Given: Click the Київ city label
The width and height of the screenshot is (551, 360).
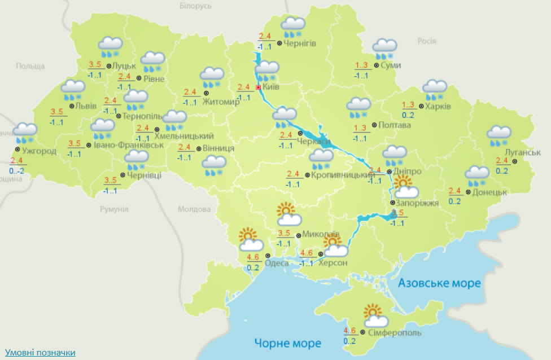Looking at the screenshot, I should click(271, 87).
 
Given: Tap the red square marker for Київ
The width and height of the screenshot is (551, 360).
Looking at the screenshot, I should click(259, 87).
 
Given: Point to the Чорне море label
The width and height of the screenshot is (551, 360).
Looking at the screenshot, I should click(287, 343).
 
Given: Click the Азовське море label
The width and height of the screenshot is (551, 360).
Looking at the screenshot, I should click(440, 283).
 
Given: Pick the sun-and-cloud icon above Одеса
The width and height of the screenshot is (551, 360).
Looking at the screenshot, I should click(250, 239).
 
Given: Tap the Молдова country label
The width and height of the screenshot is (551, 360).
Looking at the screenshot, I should click(194, 209).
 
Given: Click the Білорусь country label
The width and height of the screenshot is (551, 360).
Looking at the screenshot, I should click(195, 6).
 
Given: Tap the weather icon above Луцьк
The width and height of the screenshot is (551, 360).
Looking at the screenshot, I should click(111, 46).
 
